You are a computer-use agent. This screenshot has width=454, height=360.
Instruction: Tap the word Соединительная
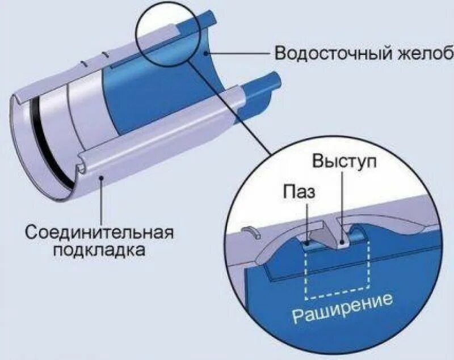(99, 232)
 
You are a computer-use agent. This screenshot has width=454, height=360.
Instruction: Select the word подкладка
(99, 249)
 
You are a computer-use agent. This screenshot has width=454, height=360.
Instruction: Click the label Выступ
(344, 161)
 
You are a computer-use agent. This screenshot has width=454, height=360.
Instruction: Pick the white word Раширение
(342, 307)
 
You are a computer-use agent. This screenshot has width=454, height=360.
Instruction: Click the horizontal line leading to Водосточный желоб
(238, 53)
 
